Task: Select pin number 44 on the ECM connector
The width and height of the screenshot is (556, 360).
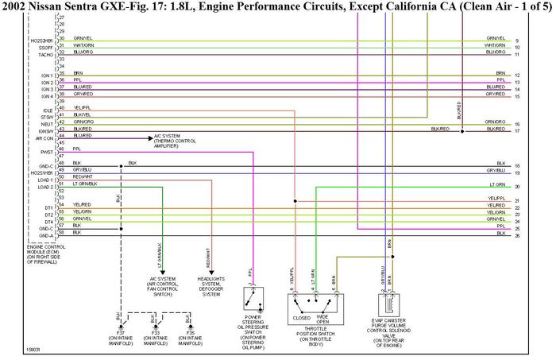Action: click(61, 136)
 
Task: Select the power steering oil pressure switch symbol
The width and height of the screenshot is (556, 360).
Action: click(253, 301)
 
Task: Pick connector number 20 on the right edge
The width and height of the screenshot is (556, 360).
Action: click(517, 187)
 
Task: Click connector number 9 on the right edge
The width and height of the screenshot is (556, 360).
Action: click(517, 41)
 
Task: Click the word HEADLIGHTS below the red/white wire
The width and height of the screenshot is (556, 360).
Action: click(211, 279)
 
